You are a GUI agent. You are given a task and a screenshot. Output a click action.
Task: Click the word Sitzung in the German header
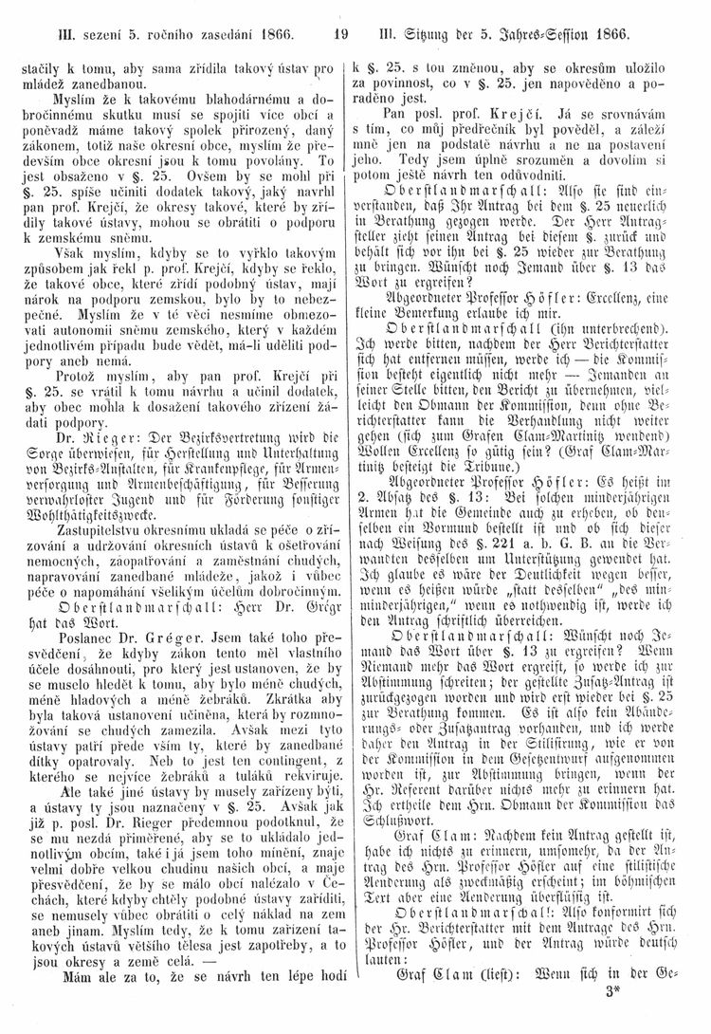pos(432,38)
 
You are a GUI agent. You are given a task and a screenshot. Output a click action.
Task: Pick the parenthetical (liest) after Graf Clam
pos(488,992)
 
